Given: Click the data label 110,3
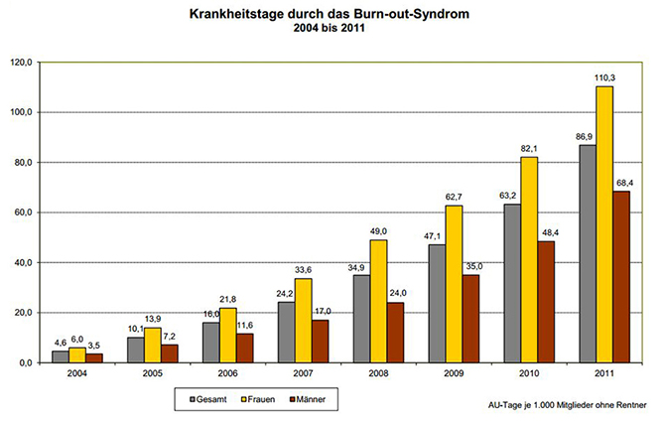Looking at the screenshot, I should click(x=604, y=75).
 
